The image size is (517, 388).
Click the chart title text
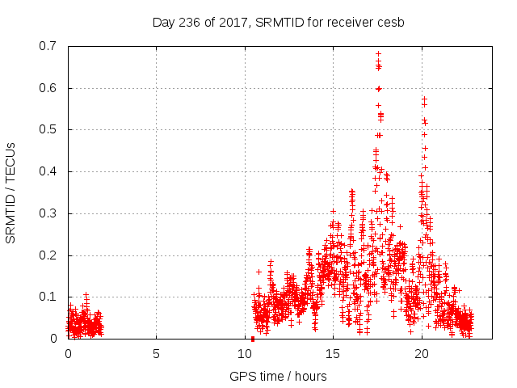pyautogui.click(x=278, y=22)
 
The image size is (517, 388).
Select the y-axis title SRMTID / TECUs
pyautogui.click(x=11, y=192)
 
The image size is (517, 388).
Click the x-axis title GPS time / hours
pyautogui.click(x=278, y=376)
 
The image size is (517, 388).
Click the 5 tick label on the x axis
pyautogui.click(x=156, y=353)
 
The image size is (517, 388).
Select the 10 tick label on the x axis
pyautogui.click(x=245, y=353)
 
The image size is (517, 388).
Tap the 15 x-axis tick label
pyautogui.click(x=333, y=353)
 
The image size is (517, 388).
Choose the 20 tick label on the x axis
pyautogui.click(x=422, y=353)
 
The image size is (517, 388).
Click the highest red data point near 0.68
pyautogui.click(x=378, y=54)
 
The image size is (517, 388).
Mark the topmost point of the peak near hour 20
pyautogui.click(x=424, y=99)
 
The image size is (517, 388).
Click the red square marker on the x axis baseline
pyautogui.click(x=253, y=338)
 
